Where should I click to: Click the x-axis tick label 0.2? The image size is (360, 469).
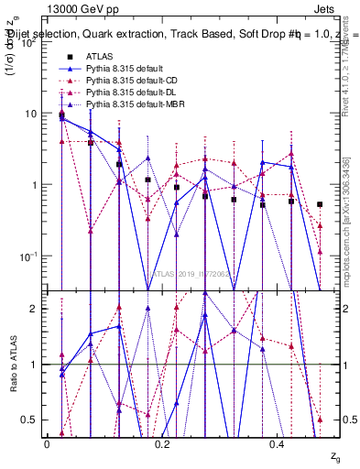[x=163, y=444]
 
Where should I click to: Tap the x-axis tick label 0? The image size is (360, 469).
[x=47, y=444]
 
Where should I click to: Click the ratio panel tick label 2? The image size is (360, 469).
[x=34, y=309]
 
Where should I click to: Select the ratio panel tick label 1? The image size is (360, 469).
[x=34, y=365]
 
